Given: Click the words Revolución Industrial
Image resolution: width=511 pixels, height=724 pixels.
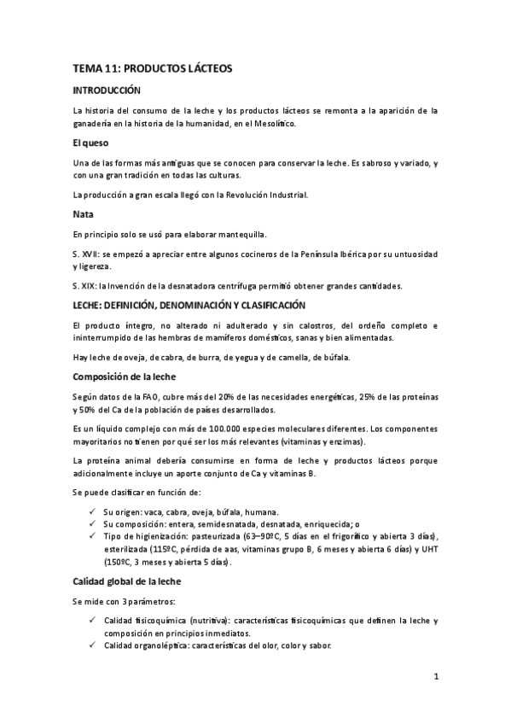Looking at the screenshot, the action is coord(264,194).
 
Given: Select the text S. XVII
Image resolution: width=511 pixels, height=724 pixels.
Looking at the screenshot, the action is coord(86,254).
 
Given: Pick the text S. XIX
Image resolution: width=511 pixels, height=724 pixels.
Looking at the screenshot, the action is coord(85,286).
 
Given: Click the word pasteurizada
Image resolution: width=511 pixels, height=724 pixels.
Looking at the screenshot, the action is coord(216,535).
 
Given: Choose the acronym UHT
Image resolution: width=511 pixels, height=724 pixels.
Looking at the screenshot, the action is coord(427,549).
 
